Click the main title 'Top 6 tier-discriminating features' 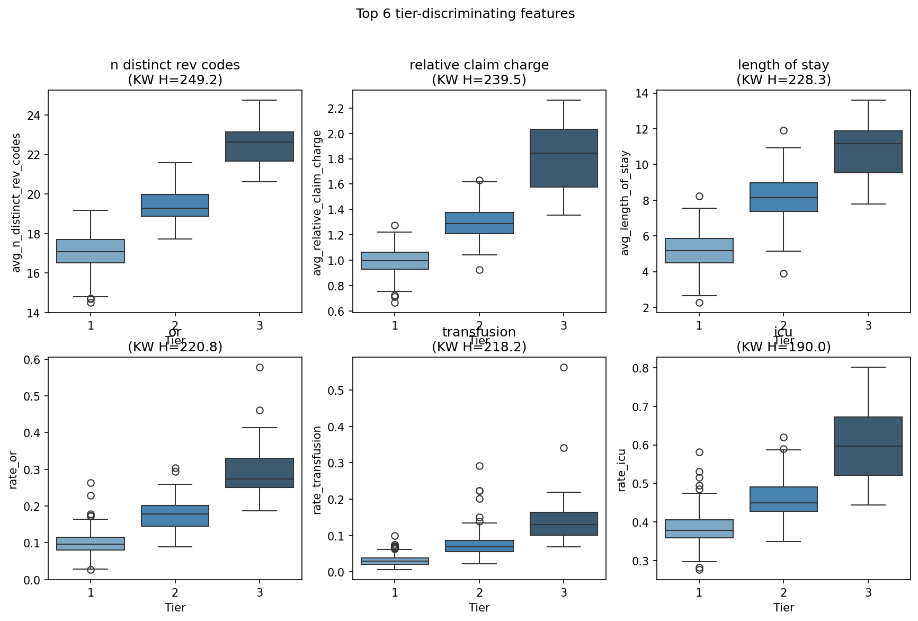(465, 14)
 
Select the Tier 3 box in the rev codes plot (260, 146)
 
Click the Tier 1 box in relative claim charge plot (395, 261)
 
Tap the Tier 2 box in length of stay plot (783, 197)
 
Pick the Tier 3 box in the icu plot (868, 446)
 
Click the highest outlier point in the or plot (260, 367)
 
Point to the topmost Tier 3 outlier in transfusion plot (564, 367)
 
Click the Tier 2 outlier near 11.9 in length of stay (783, 130)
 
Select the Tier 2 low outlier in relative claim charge (479, 270)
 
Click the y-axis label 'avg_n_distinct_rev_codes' (16, 202)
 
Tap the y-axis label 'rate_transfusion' (317, 470)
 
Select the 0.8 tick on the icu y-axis (643, 368)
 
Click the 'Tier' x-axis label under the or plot (175, 607)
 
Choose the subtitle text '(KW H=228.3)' (783, 80)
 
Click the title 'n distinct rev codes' (175, 65)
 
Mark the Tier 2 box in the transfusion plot (479, 546)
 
